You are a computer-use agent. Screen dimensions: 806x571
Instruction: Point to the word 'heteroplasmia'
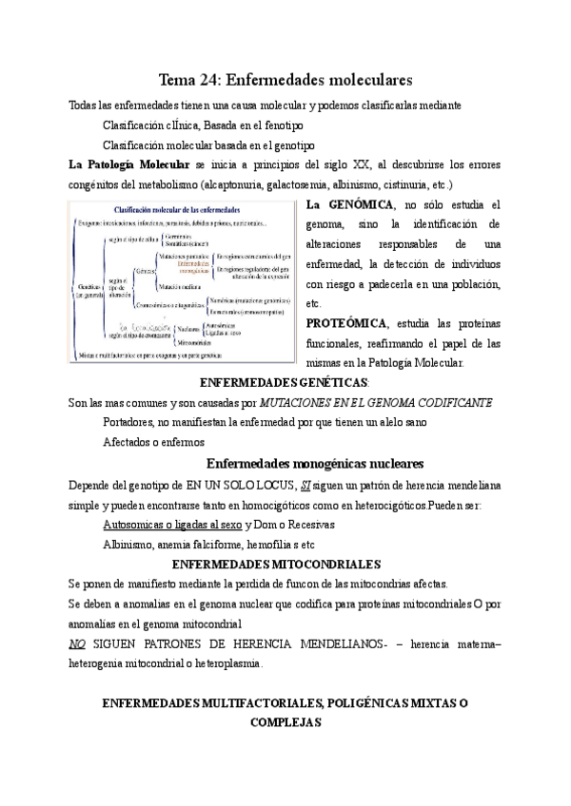click(x=220, y=662)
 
